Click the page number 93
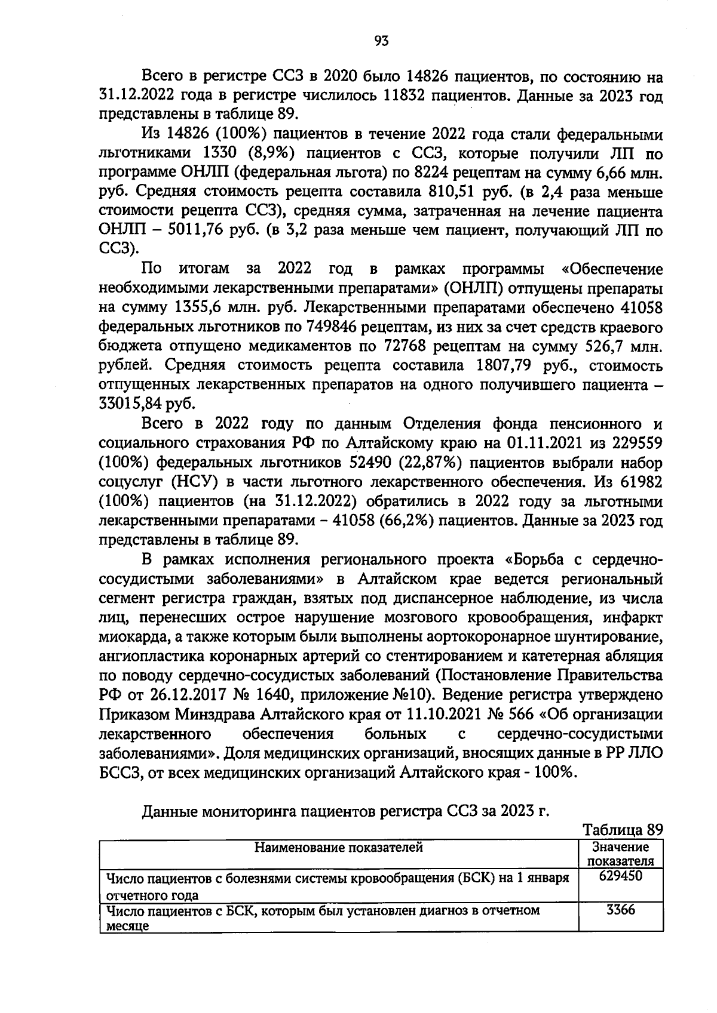[381, 41]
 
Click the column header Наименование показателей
[338, 847]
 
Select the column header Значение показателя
[620, 854]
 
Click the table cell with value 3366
[620, 910]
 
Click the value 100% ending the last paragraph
[555, 771]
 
